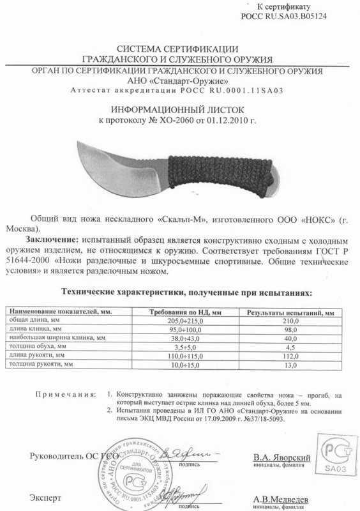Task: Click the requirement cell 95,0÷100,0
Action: [190, 329]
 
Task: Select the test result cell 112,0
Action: [290, 355]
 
